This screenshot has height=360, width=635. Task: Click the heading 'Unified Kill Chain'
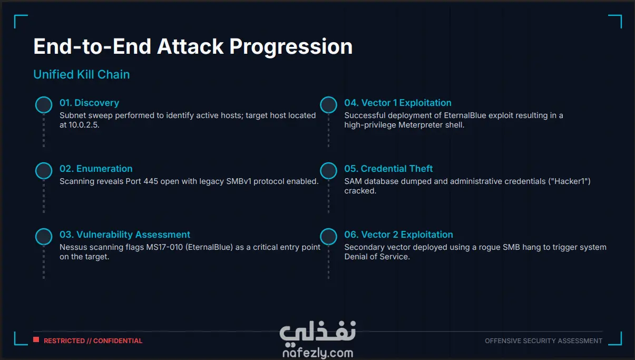pyautogui.click(x=82, y=74)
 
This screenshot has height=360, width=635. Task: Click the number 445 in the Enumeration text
pyautogui.click(x=151, y=181)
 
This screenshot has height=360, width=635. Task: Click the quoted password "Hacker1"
pyautogui.click(x=570, y=181)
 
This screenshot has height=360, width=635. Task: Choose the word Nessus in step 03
pyautogui.click(x=73, y=247)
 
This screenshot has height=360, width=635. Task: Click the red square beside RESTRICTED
pyautogui.click(x=36, y=339)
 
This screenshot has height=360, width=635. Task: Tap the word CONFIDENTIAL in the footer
pyautogui.click(x=118, y=340)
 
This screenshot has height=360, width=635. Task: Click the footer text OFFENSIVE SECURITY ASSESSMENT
pyautogui.click(x=543, y=340)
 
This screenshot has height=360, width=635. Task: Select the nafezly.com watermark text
pyautogui.click(x=318, y=353)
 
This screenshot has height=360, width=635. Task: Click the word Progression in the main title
pyautogui.click(x=291, y=46)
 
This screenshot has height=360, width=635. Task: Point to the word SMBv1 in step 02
pyautogui.click(x=239, y=181)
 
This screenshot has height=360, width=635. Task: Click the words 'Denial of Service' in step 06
pyautogui.click(x=376, y=257)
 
